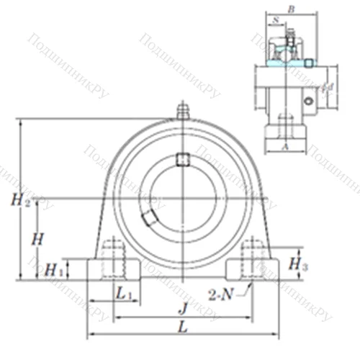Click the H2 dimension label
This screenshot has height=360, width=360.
[x=21, y=202]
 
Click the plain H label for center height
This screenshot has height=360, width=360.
[x=38, y=237]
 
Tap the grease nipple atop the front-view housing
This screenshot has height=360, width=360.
[x=183, y=112]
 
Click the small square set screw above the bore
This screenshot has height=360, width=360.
[x=183, y=159]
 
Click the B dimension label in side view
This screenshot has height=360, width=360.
[x=291, y=10]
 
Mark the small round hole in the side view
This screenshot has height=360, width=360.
[x=310, y=102]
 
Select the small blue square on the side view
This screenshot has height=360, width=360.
[x=308, y=63]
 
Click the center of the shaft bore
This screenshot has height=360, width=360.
[x=183, y=196]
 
